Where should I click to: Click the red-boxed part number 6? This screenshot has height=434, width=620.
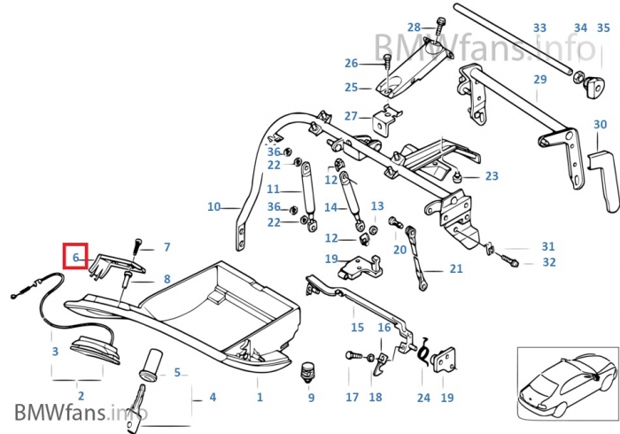point(76,258)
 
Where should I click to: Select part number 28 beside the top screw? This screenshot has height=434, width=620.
point(415,27)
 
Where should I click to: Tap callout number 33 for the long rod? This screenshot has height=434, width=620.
point(539,28)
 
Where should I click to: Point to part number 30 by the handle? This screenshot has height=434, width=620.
point(601,125)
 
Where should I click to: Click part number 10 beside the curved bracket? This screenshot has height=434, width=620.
point(213,207)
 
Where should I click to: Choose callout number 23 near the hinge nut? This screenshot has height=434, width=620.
point(492,176)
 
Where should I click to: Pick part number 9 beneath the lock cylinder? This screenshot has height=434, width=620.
point(311,398)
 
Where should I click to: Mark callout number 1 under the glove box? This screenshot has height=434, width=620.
point(260,398)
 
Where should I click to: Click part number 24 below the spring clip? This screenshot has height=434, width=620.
point(422,398)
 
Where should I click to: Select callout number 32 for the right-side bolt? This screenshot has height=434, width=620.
point(549,262)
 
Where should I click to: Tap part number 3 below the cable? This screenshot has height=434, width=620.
point(55,352)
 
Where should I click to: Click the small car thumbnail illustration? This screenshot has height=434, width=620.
point(564,384)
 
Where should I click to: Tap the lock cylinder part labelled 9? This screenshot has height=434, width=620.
point(309,371)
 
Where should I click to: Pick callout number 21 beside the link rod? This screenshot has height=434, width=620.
point(456,269)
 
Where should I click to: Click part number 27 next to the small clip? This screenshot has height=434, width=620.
point(351,116)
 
